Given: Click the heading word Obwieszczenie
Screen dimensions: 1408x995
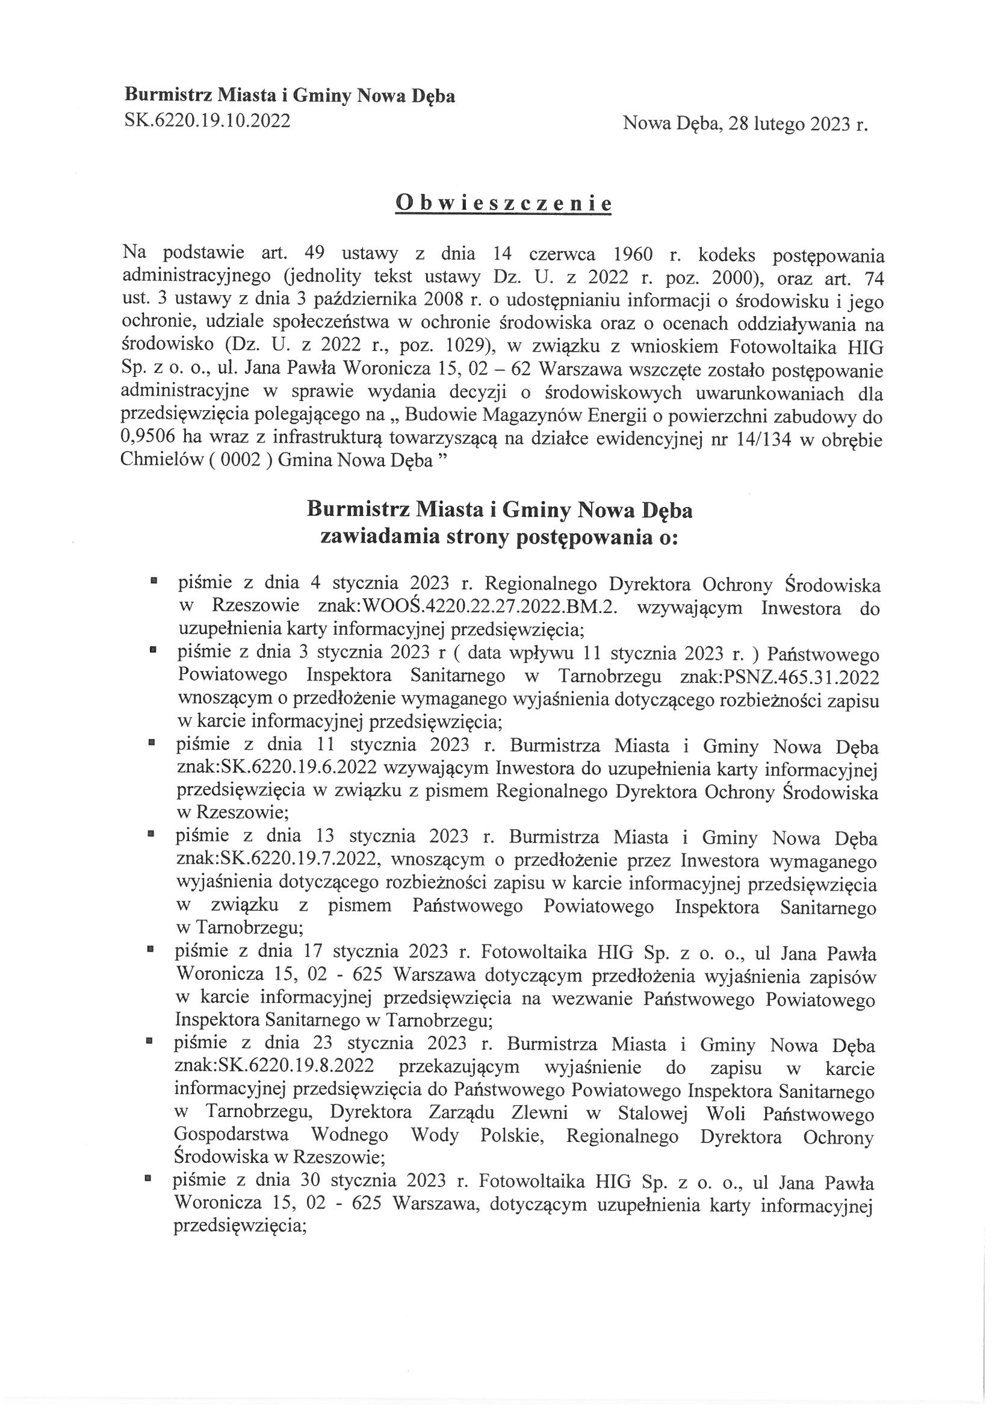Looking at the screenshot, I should (x=503, y=203).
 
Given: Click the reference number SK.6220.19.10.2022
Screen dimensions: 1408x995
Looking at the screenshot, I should (x=207, y=120).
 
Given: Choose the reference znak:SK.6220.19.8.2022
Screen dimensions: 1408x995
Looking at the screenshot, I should (x=274, y=1066).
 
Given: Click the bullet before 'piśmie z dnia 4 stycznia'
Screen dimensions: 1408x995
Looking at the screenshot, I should (x=154, y=579).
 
